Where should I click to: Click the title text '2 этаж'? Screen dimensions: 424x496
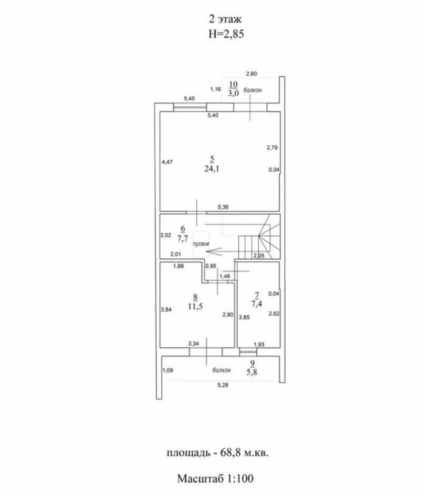212,21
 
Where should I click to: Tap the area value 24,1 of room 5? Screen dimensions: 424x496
212,169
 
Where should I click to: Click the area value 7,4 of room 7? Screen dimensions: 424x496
258,304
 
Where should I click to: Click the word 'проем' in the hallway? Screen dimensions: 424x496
201,244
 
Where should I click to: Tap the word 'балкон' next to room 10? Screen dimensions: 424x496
252,90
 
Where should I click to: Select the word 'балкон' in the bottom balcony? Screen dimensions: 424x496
221,370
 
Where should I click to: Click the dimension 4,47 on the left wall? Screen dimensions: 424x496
167,162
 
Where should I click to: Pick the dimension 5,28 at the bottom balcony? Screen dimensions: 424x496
221,385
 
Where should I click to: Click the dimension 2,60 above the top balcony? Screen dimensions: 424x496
251,73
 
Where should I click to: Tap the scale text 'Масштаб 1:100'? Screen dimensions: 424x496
215,478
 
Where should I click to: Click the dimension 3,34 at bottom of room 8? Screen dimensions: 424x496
193,343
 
